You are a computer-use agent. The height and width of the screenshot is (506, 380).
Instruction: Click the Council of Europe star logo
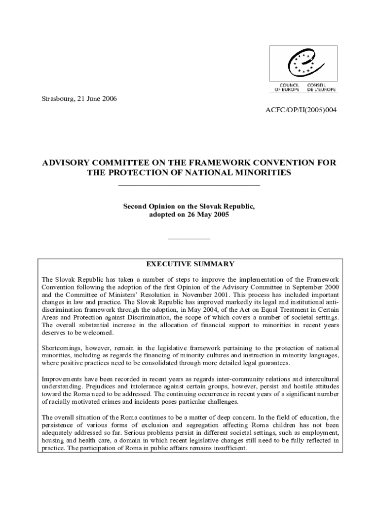[304, 65]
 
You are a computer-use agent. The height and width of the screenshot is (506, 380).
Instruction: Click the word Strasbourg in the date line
[54, 98]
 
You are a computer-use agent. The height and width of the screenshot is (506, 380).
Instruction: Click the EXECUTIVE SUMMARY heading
[190, 264]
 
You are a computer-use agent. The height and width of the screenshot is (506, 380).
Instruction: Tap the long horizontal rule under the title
[190, 185]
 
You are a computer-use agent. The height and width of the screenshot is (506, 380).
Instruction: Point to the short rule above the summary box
[190, 239]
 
